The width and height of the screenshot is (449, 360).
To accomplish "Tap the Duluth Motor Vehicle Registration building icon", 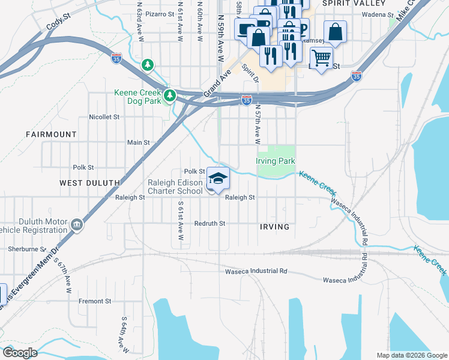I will pos(76,225).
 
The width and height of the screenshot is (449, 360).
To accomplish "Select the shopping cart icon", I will pos(322,58).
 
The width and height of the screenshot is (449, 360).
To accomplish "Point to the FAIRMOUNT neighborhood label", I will pos(51,134).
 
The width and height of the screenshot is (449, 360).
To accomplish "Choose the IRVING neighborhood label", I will pos(275,227).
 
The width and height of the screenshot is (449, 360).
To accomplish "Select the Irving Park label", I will pos(276,161).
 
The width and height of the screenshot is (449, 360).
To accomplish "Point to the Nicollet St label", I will pos(104,117).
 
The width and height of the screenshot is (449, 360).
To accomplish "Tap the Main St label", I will pos(138,143).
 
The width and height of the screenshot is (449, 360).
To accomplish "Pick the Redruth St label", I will pos(209,223).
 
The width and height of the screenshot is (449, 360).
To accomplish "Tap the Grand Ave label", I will pos(217,84).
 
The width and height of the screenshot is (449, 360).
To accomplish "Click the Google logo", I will pos(20,353).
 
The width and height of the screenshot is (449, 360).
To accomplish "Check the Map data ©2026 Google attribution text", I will pos(411,355).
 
